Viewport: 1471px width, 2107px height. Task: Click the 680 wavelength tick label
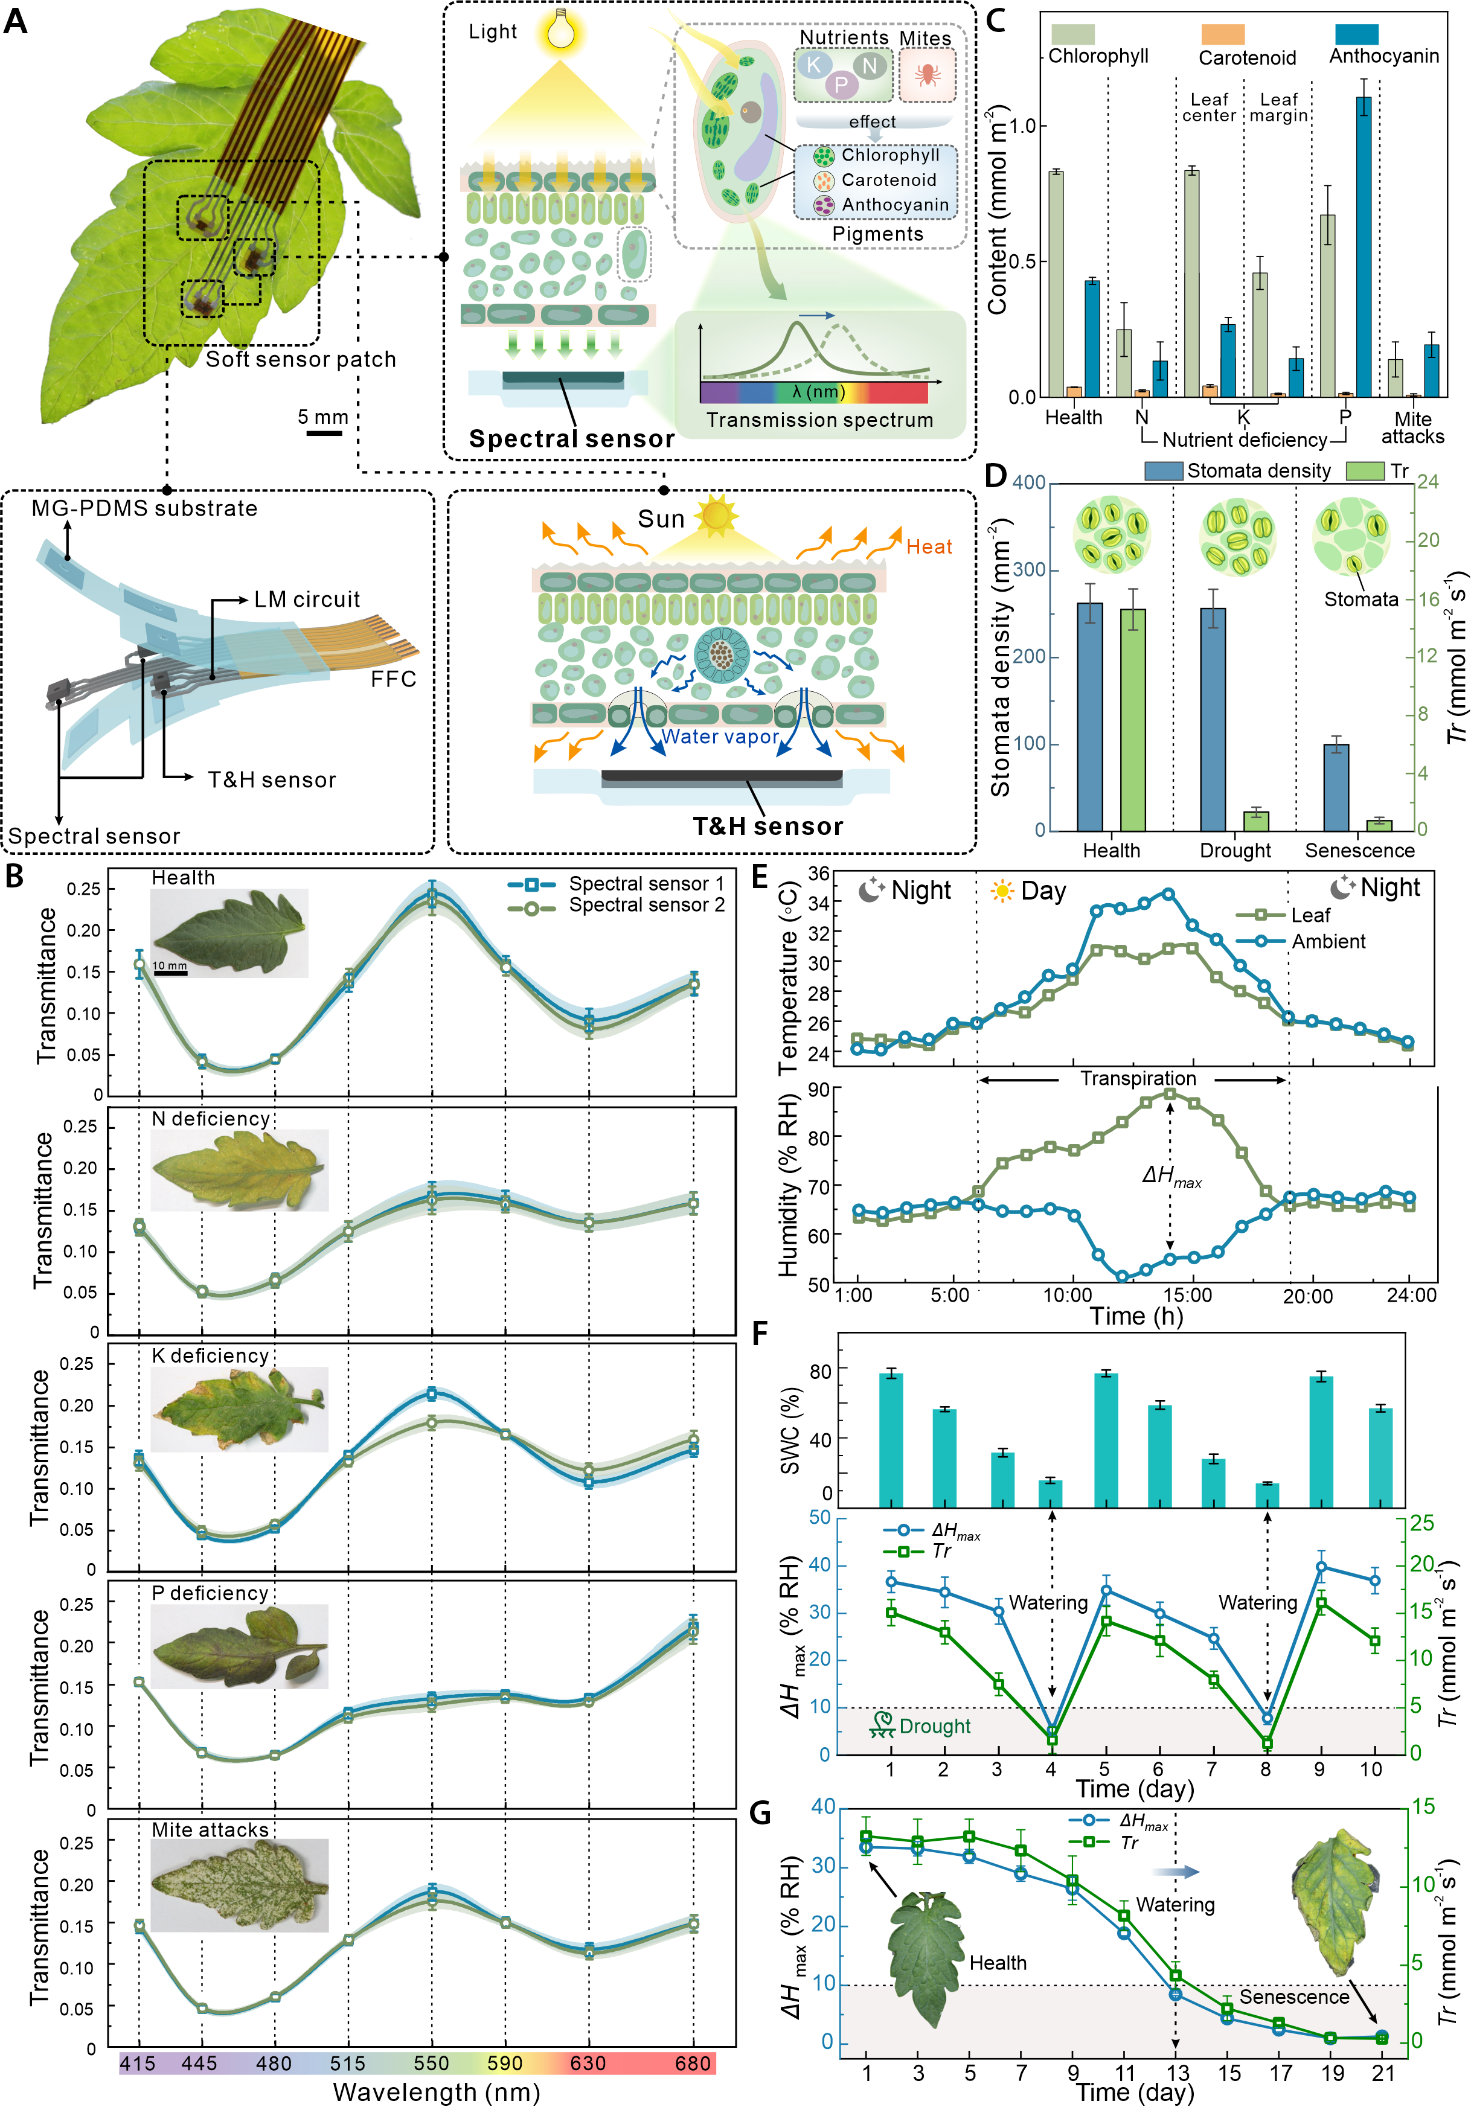[x=693, y=2063]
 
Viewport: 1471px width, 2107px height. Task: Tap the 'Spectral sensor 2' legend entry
[x=646, y=905]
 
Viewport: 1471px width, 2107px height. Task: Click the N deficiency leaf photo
[x=239, y=1170]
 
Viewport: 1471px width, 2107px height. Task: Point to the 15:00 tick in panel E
[x=1187, y=1296]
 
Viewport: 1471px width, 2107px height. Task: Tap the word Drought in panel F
[x=934, y=1726]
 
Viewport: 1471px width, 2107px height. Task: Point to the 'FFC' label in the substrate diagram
[x=394, y=679]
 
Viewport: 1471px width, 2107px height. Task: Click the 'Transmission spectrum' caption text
[x=819, y=420]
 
